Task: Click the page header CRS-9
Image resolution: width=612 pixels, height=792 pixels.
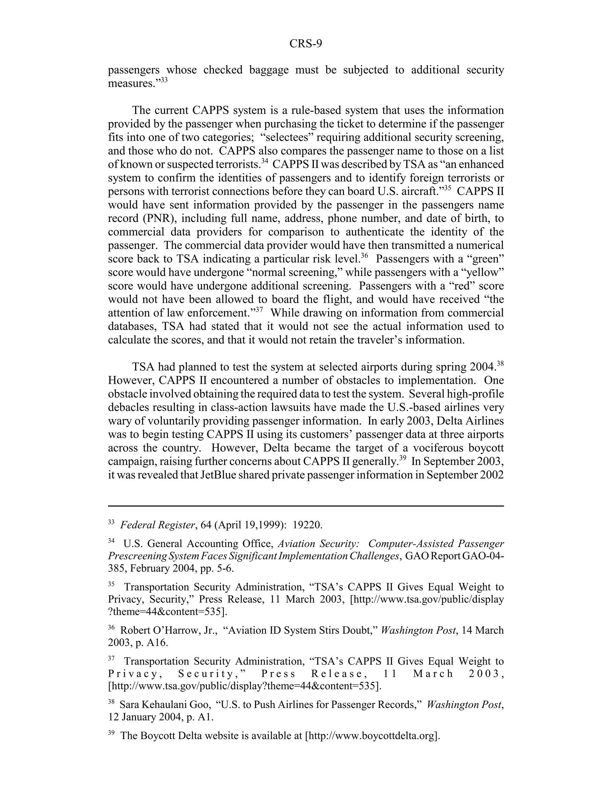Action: click(305, 44)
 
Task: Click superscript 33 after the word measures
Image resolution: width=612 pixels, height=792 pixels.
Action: click(164, 80)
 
